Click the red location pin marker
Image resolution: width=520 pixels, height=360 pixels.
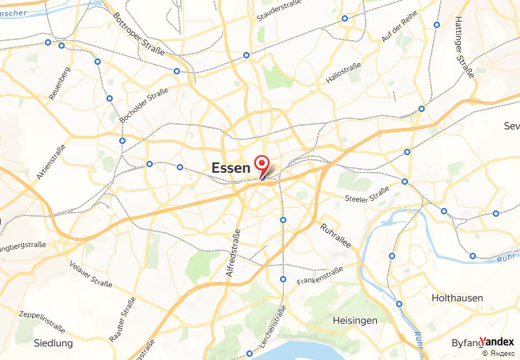pyautogui.click(x=261, y=165)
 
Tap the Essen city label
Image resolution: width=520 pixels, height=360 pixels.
pyautogui.click(x=230, y=168)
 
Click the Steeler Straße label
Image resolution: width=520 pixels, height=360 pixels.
pyautogui.click(x=366, y=195)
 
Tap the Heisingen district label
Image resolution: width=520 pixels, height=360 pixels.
pyautogui.click(x=354, y=320)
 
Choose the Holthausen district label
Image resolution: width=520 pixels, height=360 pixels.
pyautogui.click(x=457, y=298)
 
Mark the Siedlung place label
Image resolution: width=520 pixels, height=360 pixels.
pyautogui.click(x=54, y=343)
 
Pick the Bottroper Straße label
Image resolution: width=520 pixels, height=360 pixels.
pyautogui.click(x=138, y=33)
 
